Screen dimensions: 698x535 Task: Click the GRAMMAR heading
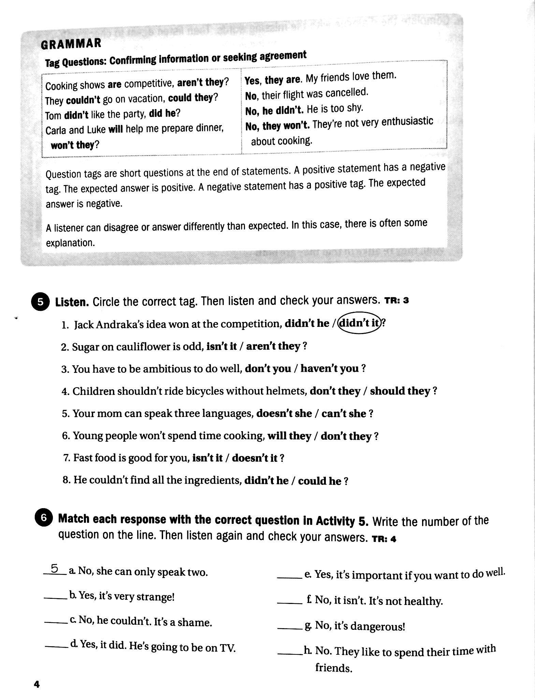click(x=71, y=44)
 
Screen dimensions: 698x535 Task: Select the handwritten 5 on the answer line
click(x=55, y=568)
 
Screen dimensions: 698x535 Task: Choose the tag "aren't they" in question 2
click(x=273, y=346)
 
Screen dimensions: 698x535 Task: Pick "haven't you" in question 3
click(x=329, y=368)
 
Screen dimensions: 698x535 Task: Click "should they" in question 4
click(x=400, y=391)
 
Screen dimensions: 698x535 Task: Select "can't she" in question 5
click(x=344, y=413)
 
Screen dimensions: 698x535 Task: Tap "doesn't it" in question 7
click(x=255, y=458)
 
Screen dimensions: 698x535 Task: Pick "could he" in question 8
click(x=319, y=481)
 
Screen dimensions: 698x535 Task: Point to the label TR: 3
click(x=396, y=301)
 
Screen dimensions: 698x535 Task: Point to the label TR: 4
click(x=384, y=539)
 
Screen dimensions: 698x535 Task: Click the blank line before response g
click(x=290, y=626)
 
